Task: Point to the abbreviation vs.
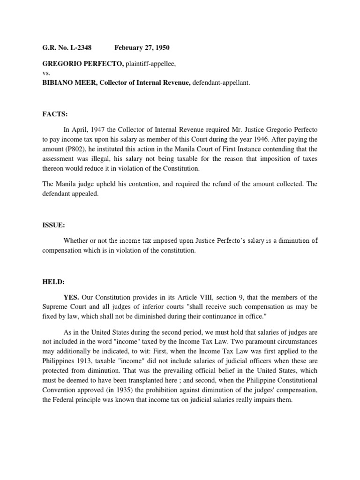coord(46,73)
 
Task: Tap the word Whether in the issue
coord(77,240)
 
